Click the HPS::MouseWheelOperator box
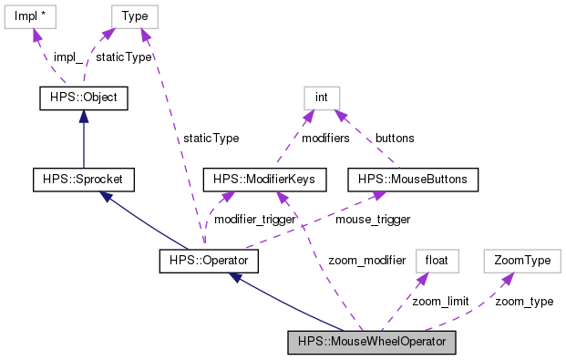371,343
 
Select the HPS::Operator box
208,262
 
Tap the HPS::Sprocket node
83,180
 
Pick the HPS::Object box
83,97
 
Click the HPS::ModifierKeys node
263,180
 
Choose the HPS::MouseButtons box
413,180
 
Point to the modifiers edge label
320,139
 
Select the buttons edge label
394,139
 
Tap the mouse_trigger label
373,221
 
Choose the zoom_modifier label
367,261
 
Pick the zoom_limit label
439,302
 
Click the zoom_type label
523,302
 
